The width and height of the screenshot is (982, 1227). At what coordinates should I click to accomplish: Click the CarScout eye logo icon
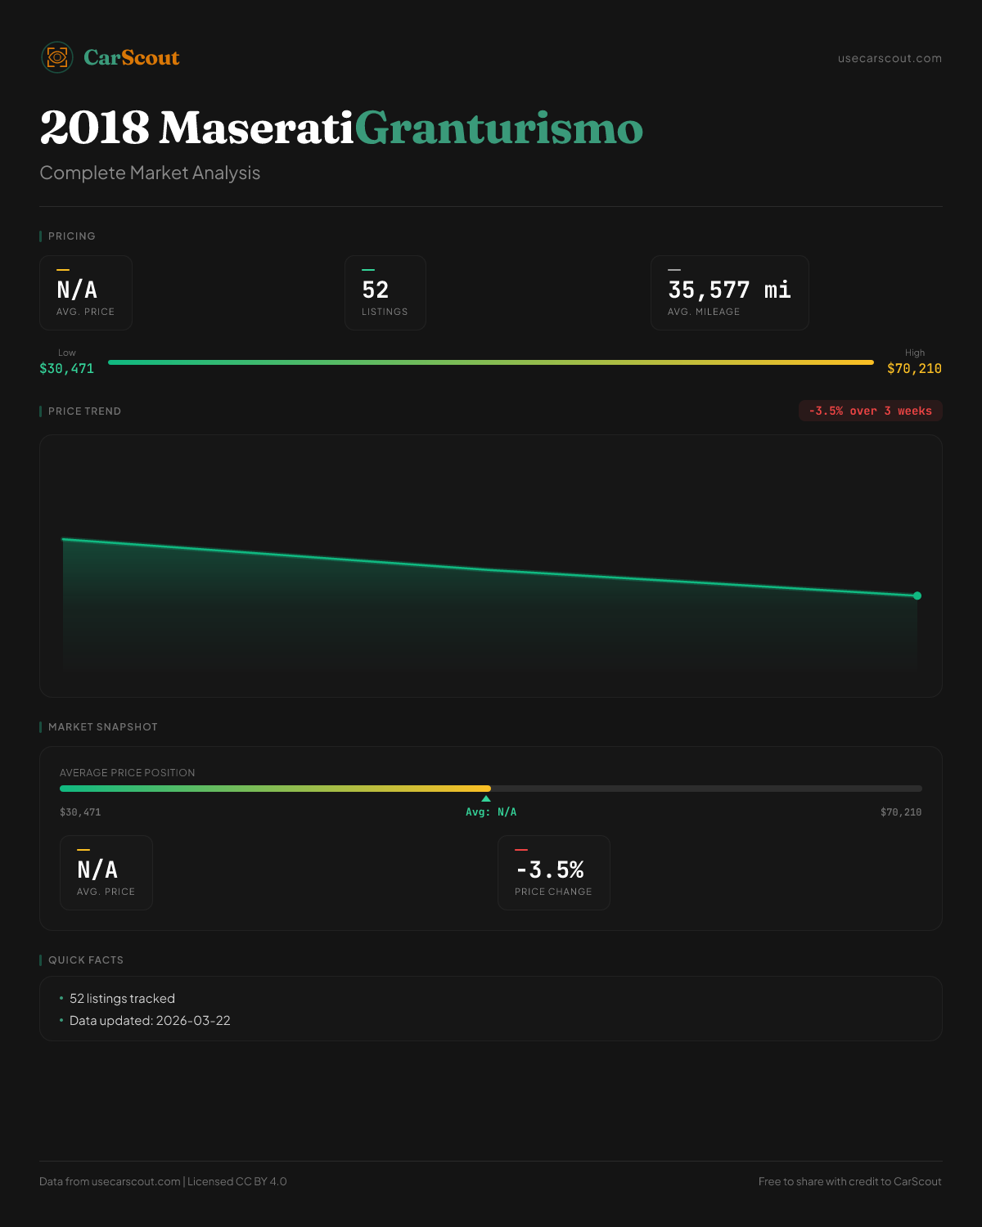tap(57, 57)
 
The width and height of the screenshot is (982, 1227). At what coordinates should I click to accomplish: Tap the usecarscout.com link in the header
tap(890, 58)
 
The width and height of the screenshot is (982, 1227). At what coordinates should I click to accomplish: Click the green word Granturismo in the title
tap(498, 128)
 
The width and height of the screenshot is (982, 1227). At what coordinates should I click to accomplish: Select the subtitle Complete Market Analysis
tap(150, 173)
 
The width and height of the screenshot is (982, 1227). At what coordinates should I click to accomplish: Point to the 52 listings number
tap(376, 290)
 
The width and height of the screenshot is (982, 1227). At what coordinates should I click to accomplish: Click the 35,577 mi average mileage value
tap(729, 290)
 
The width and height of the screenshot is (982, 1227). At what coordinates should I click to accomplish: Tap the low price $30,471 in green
tap(66, 368)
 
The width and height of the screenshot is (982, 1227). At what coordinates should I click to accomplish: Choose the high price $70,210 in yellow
tap(914, 368)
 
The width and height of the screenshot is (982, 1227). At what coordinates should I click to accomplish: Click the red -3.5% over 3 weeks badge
tap(870, 411)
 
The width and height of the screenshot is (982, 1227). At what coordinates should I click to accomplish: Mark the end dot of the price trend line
tap(917, 596)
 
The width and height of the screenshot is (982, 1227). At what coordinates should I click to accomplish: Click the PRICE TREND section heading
tap(84, 411)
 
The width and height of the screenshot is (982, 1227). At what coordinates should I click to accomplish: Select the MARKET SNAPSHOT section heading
tap(102, 726)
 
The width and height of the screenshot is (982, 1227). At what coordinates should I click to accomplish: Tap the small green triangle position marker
tap(486, 798)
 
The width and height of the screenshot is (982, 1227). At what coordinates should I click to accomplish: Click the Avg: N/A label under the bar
tap(491, 812)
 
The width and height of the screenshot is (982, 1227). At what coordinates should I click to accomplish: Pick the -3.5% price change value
tap(550, 870)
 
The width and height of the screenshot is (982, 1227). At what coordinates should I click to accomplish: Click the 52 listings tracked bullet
tap(122, 998)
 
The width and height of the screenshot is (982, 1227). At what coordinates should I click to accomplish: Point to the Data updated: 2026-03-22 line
tap(150, 1020)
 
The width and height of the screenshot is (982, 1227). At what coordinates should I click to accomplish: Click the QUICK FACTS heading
tap(85, 960)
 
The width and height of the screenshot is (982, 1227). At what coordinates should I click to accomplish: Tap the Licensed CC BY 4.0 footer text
tap(237, 1181)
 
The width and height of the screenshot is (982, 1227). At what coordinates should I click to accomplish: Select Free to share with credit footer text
tap(849, 1181)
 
